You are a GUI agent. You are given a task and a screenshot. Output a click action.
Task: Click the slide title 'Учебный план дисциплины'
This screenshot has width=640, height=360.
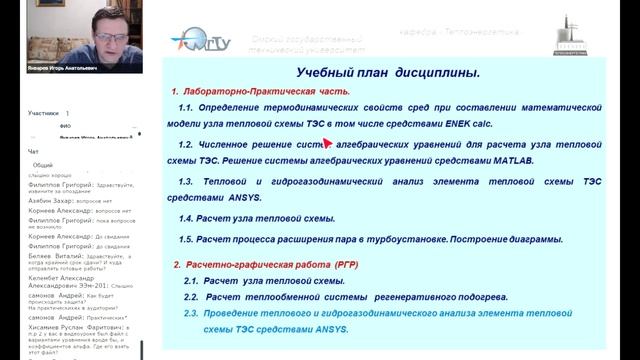(389, 73)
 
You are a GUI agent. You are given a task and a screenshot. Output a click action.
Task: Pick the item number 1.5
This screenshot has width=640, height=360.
(191, 240)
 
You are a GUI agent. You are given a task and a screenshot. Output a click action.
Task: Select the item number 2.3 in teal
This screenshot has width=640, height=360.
(191, 312)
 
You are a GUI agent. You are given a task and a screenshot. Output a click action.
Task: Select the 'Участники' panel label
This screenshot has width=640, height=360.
(44, 114)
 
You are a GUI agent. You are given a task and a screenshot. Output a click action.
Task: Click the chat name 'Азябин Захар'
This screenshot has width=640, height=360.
(50, 200)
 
